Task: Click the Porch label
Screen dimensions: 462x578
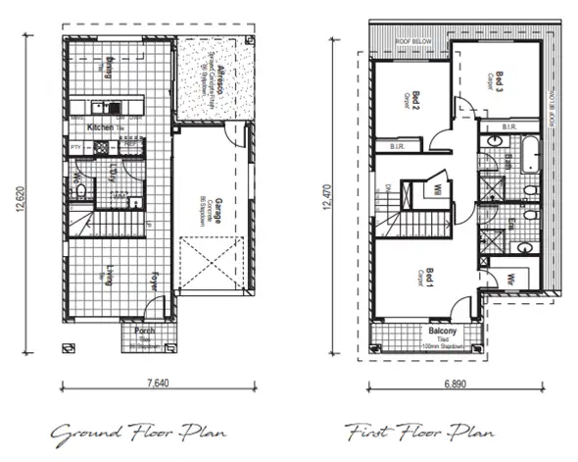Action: pyautogui.click(x=142, y=332)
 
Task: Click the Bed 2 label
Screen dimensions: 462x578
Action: pyautogui.click(x=416, y=98)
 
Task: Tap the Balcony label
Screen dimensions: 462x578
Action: pyautogui.click(x=429, y=332)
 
